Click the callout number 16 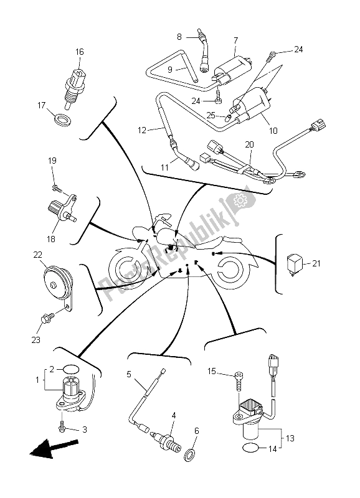[x=80, y=52]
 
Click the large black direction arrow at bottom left [x=54, y=448]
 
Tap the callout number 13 [x=290, y=438]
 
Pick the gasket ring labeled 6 [x=189, y=456]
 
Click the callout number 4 [x=174, y=415]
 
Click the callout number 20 [x=249, y=145]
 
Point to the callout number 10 [x=273, y=131]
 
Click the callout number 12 [x=142, y=130]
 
